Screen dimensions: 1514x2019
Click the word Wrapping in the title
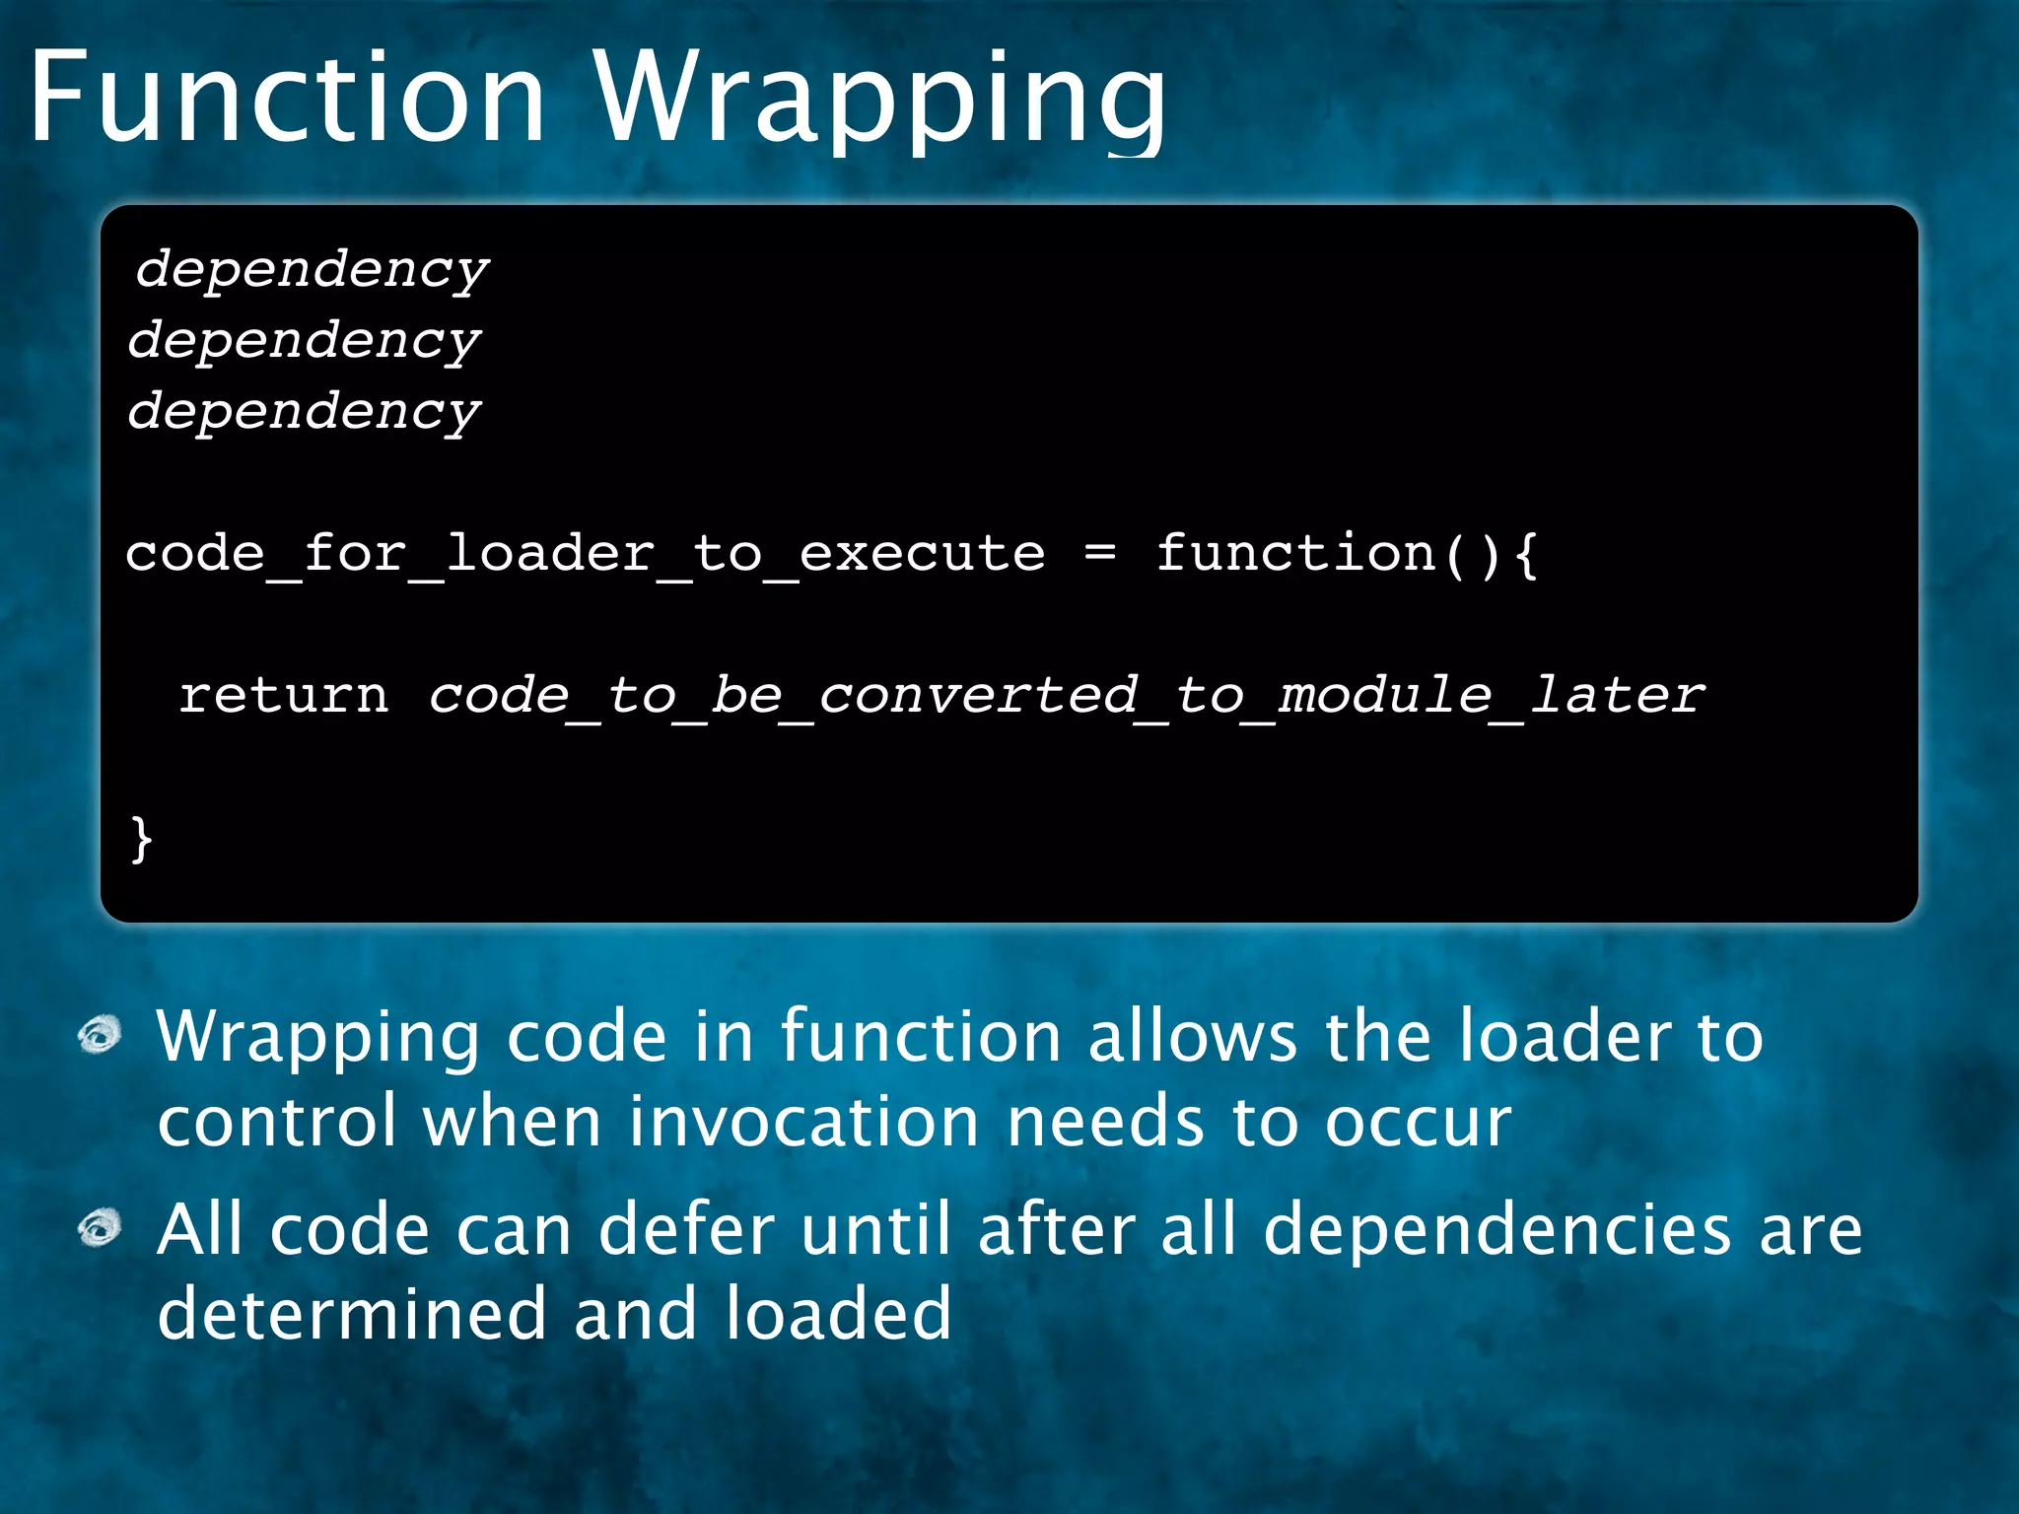click(880, 99)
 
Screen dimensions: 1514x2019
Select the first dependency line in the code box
click(313, 269)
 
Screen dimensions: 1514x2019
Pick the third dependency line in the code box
click(305, 411)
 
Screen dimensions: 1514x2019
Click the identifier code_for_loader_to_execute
click(585, 554)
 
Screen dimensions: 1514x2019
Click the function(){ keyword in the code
click(1346, 554)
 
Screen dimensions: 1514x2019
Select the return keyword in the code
click(284, 696)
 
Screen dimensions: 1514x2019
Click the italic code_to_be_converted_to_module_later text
click(1066, 696)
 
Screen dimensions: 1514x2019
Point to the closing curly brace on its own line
click(142, 840)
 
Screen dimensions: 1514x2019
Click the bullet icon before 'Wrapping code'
click(100, 1036)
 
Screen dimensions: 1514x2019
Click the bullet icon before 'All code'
click(100, 1228)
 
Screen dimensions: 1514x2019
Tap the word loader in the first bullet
click(1565, 1037)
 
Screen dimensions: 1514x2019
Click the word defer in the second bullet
click(687, 1230)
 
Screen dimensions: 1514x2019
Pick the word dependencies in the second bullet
click(1497, 1230)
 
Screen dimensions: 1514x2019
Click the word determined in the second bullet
click(352, 1315)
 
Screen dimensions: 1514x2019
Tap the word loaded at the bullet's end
click(838, 1315)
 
